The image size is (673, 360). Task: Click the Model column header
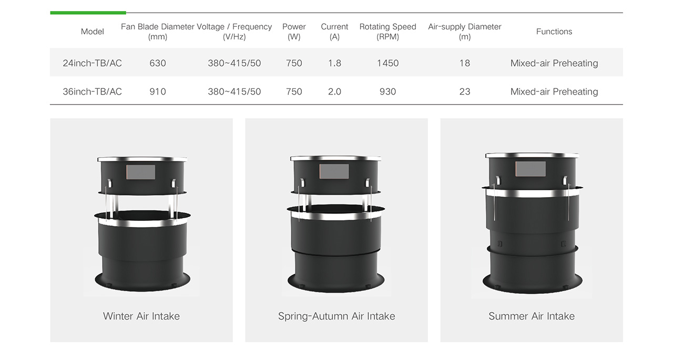coord(92,32)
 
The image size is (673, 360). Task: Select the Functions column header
coord(554,32)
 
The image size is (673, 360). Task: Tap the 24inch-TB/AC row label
coord(92,63)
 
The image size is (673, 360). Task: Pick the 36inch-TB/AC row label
coord(92,91)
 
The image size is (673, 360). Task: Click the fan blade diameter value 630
coord(158,63)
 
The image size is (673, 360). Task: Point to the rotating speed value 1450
coord(388,63)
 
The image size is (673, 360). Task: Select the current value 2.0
coord(334,91)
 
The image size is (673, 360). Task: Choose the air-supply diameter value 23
coord(465,91)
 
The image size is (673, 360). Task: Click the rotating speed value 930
coord(388,91)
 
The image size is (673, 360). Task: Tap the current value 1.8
coord(334,63)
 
